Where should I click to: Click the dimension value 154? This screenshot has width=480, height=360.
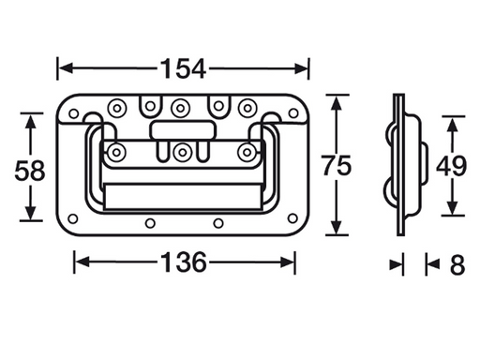[x=183, y=67]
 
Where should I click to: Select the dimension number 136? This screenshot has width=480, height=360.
[x=185, y=262]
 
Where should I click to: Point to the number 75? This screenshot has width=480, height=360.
[x=336, y=166]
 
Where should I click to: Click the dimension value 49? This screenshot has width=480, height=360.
[x=453, y=166]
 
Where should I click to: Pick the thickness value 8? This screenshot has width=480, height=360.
[x=457, y=265]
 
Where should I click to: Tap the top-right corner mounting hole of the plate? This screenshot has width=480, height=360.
[x=296, y=112]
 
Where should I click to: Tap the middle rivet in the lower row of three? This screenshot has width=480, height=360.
[x=182, y=150]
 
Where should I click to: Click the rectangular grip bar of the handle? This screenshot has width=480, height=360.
[x=182, y=195]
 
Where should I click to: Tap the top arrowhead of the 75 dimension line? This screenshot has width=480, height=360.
[x=336, y=98]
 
